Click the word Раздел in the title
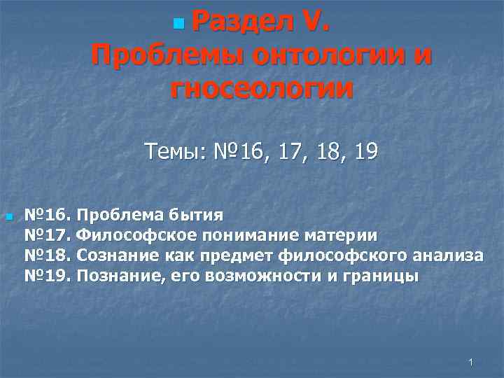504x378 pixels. [241, 23]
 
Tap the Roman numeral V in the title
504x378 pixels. [314, 23]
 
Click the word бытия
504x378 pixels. [198, 214]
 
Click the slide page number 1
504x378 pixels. [471, 363]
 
